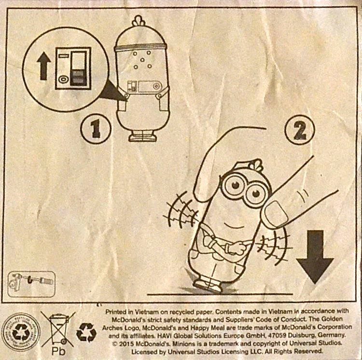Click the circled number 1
tap(96, 128)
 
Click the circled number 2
tap(300, 130)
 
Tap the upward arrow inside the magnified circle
tap(44, 66)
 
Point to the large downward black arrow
tap(315, 257)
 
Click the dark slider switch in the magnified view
tap(79, 78)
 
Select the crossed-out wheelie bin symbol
tap(58, 329)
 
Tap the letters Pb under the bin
tap(58, 351)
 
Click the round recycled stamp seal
tap(21, 332)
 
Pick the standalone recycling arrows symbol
tap(86, 332)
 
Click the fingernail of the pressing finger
tap(277, 213)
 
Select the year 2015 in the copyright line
tap(126, 344)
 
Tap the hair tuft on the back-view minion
tap(139, 21)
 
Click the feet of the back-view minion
tap(143, 136)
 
